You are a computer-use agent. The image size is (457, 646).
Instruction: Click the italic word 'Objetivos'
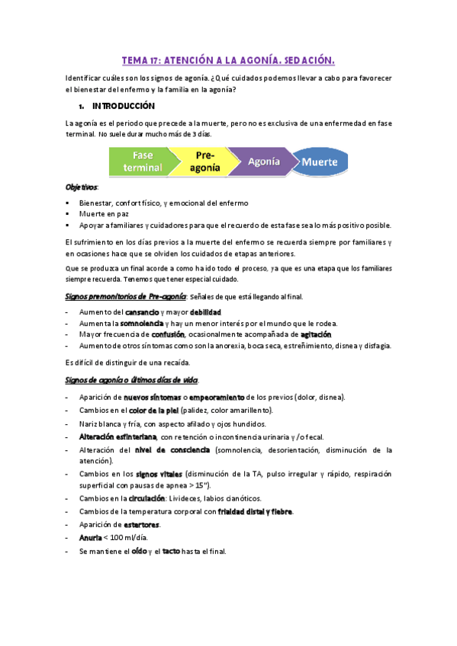tap(82, 187)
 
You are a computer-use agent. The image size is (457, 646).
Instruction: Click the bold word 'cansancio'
tap(142, 312)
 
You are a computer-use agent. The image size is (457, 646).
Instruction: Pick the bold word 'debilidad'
tap(205, 312)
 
